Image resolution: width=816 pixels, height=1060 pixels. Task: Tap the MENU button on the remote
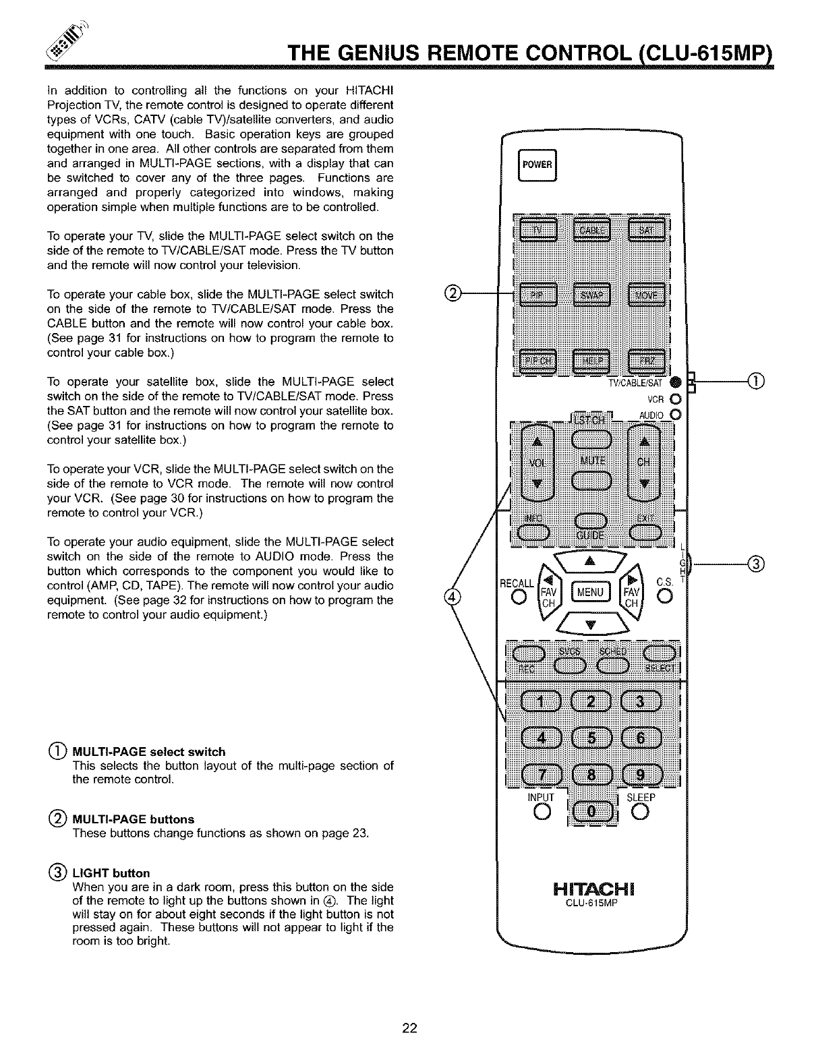tap(591, 592)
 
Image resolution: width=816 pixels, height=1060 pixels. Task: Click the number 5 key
tap(591, 738)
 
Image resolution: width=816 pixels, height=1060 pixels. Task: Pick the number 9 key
tap(642, 773)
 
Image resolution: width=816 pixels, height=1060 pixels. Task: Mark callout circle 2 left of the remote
tap(453, 293)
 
